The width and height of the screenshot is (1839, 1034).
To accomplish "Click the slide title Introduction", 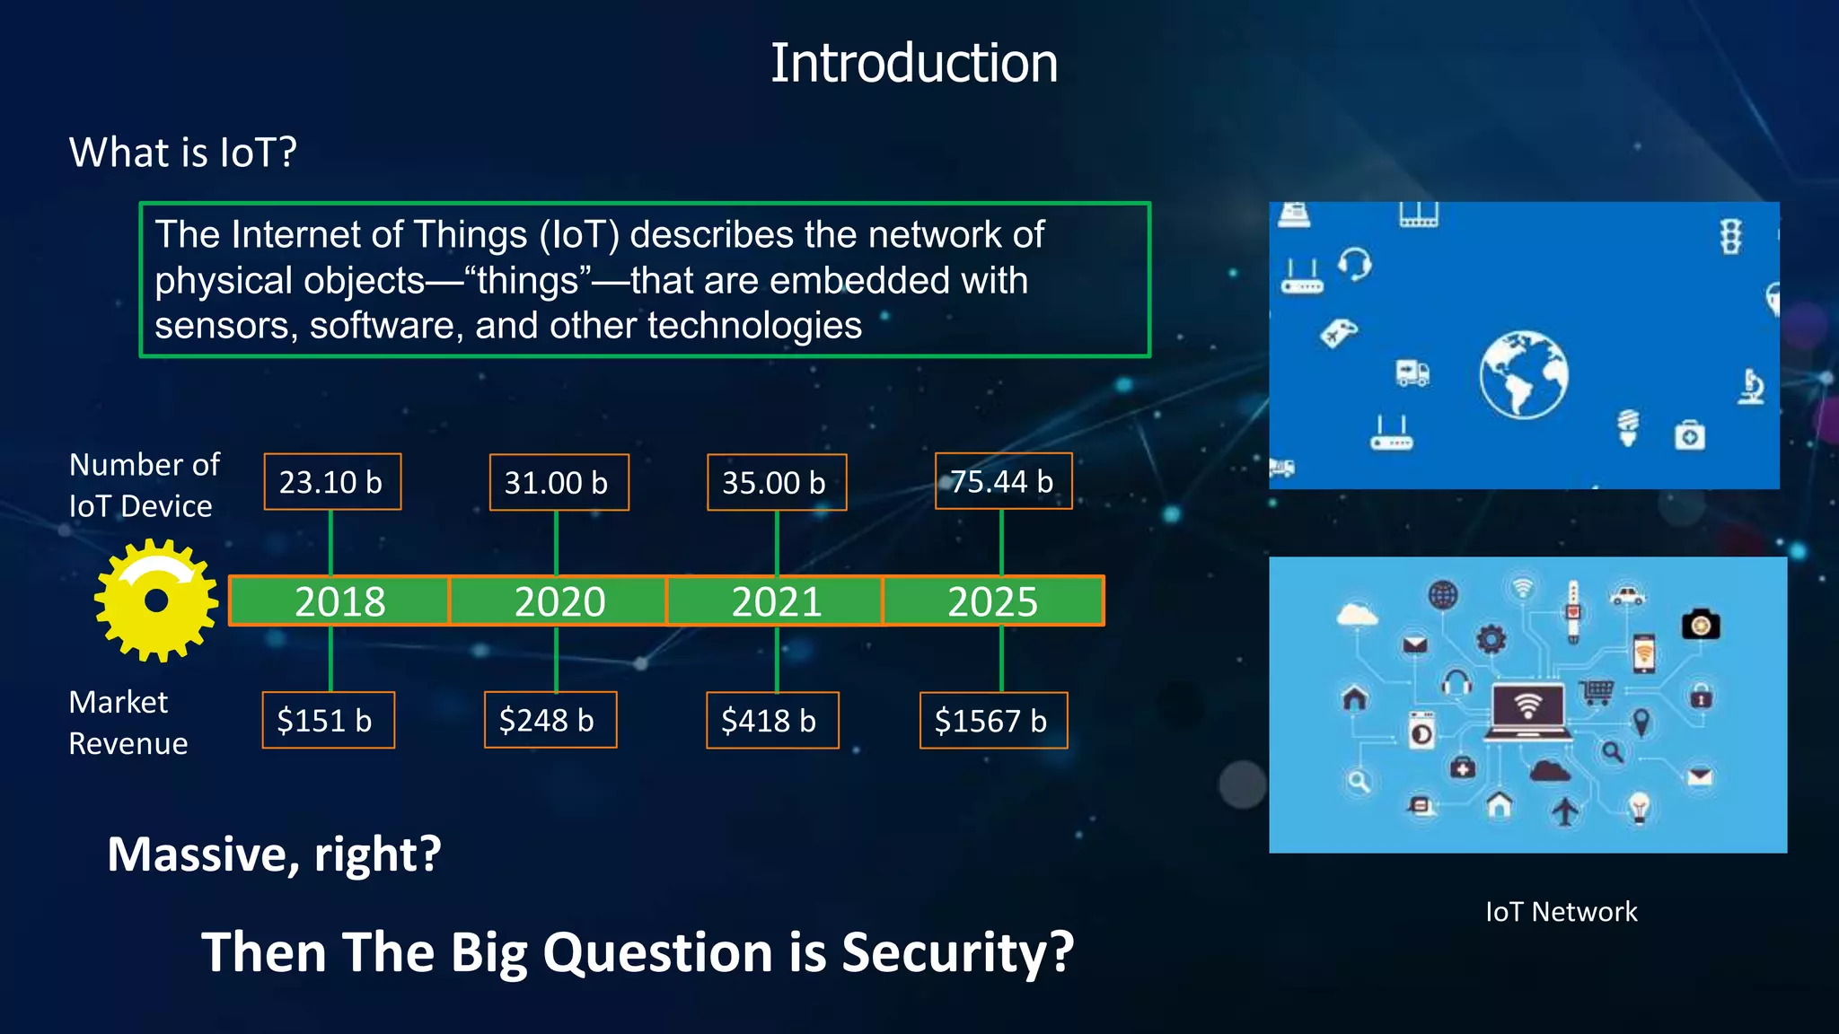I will (913, 64).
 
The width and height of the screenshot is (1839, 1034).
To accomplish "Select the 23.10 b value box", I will (332, 482).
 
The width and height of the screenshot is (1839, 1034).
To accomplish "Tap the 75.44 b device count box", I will (1003, 482).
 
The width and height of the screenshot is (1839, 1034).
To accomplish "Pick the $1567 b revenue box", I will (993, 721).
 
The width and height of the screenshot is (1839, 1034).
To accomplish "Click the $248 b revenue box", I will (550, 721).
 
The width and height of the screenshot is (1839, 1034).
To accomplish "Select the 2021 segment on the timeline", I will (776, 601).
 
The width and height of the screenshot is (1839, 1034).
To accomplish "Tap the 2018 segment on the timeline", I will (339, 601).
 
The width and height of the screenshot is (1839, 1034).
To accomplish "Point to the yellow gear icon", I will (156, 600).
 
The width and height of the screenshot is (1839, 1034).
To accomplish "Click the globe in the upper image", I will (1524, 374).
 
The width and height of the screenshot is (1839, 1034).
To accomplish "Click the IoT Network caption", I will (1561, 912).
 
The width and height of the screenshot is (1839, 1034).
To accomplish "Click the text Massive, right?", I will (274, 854).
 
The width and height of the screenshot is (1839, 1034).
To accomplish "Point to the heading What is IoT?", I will (183, 153).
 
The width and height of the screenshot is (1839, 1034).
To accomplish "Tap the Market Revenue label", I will (128, 723).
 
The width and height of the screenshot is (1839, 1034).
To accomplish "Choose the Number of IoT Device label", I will (144, 486).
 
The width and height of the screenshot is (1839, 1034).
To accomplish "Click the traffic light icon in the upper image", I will (1730, 237).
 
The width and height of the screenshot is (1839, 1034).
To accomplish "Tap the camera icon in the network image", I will (1700, 624).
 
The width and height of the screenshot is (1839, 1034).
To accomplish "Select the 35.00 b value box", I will (776, 483).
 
